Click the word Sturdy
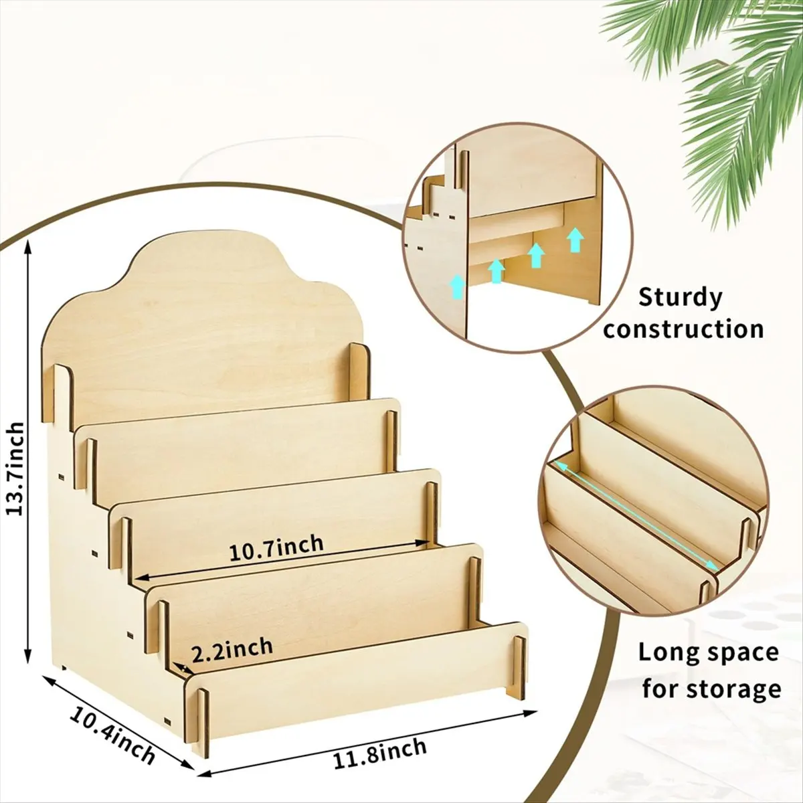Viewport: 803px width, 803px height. pyautogui.click(x=681, y=298)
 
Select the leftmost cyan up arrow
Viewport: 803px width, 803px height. pyautogui.click(x=457, y=286)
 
